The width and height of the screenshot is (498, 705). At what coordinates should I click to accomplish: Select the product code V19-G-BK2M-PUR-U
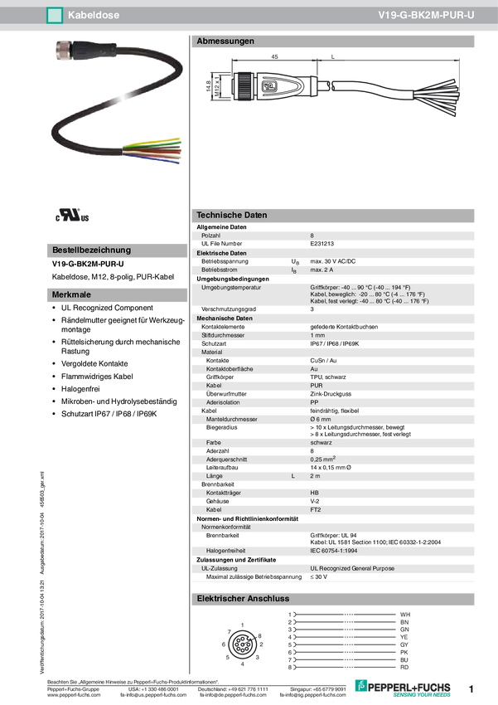point(425,14)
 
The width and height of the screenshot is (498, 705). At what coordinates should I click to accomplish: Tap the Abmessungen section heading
point(225,41)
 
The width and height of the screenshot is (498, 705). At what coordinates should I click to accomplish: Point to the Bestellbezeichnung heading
point(91,250)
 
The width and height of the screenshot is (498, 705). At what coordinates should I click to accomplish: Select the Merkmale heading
point(71,294)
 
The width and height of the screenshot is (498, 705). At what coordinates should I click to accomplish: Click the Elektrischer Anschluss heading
point(242,598)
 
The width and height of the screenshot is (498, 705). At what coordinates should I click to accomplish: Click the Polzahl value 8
point(312,236)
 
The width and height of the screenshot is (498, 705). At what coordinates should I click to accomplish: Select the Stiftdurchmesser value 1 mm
point(318,335)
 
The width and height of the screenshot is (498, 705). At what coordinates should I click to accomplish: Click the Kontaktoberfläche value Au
point(313,367)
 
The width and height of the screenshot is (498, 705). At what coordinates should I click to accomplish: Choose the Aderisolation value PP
point(314,402)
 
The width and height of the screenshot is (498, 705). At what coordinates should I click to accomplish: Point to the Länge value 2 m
point(315,476)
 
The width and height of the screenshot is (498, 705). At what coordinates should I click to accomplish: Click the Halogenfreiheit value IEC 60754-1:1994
point(340,549)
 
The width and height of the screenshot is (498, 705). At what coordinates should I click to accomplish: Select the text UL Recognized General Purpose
point(352,568)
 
